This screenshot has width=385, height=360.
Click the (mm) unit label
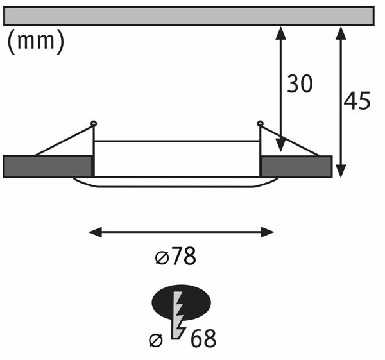click(36, 41)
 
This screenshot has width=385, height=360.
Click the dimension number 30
click(300, 83)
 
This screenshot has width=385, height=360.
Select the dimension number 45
click(357, 100)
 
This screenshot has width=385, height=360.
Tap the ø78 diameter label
click(176, 256)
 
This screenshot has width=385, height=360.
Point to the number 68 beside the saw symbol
click(203, 339)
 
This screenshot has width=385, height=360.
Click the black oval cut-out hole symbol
click(181, 302)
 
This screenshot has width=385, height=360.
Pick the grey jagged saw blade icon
click(179, 316)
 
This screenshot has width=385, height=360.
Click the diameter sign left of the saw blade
click(156, 340)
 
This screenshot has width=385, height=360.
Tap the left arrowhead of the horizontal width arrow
click(95, 232)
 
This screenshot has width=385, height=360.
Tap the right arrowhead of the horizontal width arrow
click(268, 232)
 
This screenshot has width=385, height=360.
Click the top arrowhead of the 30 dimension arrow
click(280, 33)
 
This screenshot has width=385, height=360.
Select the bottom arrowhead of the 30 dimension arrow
click(280, 145)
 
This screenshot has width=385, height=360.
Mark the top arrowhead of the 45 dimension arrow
click(341, 33)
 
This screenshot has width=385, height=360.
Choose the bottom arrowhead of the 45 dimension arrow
click(341, 171)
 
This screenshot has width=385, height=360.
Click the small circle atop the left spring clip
click(94, 123)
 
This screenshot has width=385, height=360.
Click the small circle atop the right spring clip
click(260, 123)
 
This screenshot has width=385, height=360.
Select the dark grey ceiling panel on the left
click(47, 166)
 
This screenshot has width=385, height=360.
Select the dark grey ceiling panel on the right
click(297, 166)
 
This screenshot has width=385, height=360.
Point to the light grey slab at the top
click(189, 16)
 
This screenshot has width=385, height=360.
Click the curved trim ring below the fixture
click(176, 187)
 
